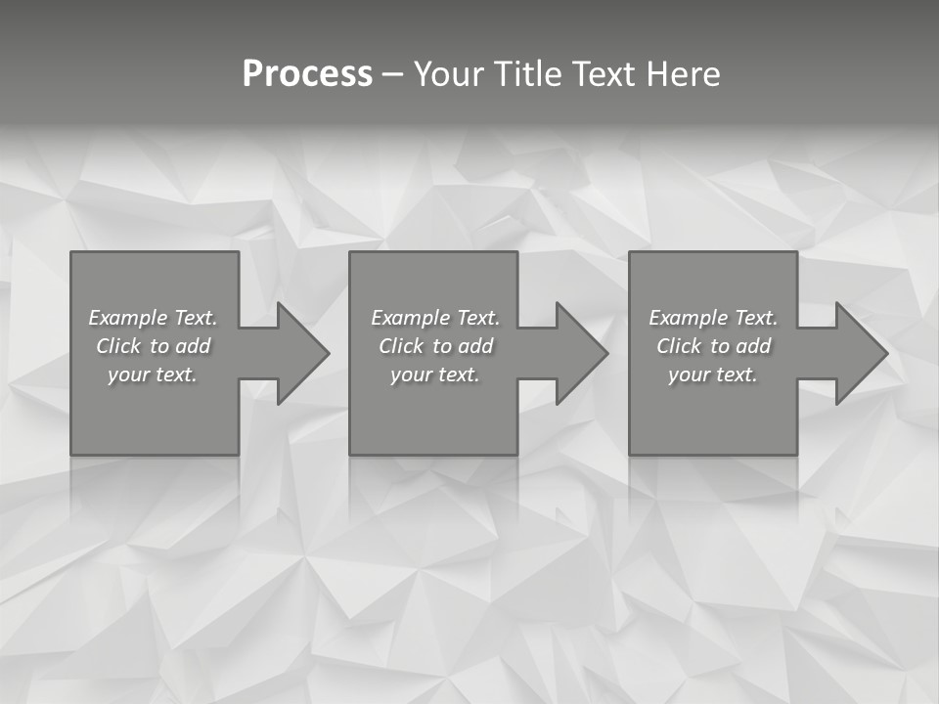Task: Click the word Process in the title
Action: click(x=307, y=74)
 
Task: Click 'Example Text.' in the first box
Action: click(x=153, y=318)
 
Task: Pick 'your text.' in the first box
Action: click(x=153, y=374)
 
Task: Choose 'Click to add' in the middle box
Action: click(x=435, y=346)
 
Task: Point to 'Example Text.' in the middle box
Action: click(x=435, y=318)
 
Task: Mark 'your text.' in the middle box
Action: click(x=435, y=374)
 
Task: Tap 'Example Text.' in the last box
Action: click(x=713, y=318)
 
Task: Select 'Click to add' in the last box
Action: click(x=713, y=346)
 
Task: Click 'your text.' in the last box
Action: click(x=713, y=374)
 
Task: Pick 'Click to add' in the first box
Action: click(x=153, y=346)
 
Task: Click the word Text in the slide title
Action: click(x=602, y=74)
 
